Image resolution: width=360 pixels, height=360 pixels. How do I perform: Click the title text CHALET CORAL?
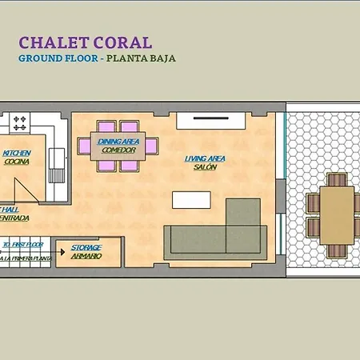pos(85,42)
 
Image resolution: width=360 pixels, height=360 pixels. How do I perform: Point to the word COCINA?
pos(16,162)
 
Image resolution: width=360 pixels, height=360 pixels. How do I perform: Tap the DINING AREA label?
pos(118,142)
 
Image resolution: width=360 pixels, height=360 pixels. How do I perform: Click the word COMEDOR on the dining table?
pos(118,150)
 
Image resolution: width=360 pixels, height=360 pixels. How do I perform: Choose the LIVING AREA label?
pos(205,158)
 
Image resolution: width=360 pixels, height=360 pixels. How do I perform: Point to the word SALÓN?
pos(205,167)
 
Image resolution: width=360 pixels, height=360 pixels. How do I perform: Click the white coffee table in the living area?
pos(191,199)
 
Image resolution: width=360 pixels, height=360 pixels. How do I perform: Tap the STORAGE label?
pos(86,248)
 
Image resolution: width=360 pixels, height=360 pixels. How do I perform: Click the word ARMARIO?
pos(86,256)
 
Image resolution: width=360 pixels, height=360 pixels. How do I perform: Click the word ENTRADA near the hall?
pos(14,217)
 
